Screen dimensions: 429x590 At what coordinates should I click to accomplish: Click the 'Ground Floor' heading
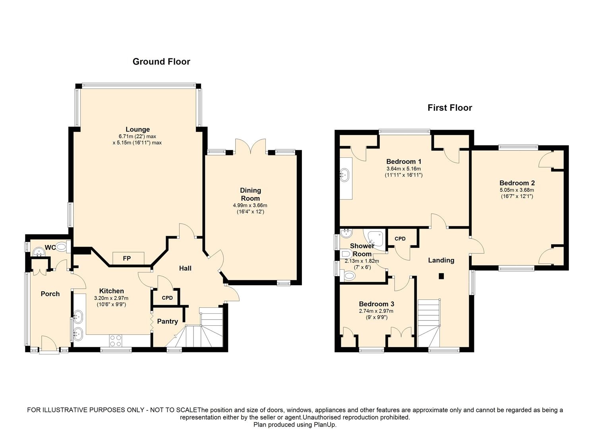[161, 62]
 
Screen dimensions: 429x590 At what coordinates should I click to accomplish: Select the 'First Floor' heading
[449, 108]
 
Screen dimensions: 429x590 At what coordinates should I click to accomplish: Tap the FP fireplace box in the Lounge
[127, 259]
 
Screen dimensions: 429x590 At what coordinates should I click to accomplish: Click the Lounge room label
[137, 129]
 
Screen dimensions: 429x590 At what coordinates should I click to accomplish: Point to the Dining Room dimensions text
[250, 209]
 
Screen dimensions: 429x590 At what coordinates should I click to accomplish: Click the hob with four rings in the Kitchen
[116, 340]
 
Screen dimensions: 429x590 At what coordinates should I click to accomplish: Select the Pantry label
[167, 321]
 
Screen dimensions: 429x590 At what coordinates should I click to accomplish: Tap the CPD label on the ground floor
[167, 298]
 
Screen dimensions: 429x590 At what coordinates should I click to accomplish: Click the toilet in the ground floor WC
[62, 247]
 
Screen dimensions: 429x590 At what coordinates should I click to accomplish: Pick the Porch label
[50, 294]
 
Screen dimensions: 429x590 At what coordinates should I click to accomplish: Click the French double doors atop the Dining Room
[250, 147]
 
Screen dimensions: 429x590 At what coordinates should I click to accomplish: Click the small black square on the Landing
[441, 276]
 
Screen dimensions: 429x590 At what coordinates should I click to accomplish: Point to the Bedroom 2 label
[517, 183]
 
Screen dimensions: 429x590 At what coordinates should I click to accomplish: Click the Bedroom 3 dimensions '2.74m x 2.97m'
[376, 311]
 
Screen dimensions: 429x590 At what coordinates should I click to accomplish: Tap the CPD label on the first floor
[400, 239]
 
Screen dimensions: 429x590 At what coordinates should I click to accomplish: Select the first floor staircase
[429, 323]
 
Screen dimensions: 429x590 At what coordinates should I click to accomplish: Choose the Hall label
[185, 269]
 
